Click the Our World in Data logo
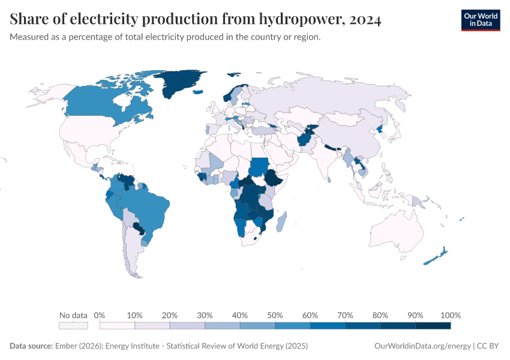coord(480,20)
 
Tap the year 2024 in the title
coord(363,20)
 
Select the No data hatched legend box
coord(73,326)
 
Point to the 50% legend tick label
coord(275,315)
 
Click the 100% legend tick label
coord(450,315)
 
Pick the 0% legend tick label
coord(100,315)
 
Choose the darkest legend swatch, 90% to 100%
coord(433,326)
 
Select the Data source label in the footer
coord(31,346)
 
